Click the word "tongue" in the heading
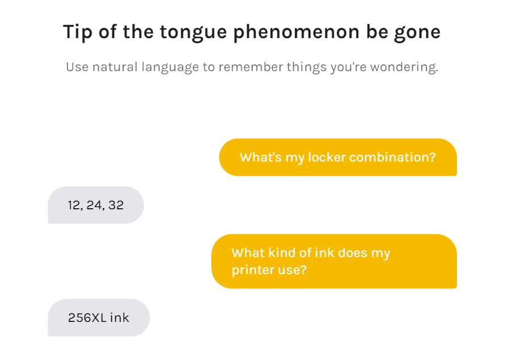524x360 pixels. coord(194,33)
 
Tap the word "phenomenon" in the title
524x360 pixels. coord(297,33)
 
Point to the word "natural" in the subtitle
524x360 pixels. coord(114,67)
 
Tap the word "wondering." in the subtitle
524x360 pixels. coord(404,68)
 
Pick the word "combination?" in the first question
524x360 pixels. coord(393,157)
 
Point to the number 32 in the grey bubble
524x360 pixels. coord(116,205)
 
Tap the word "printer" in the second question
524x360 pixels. coord(253,270)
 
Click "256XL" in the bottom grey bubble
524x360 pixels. coord(87,317)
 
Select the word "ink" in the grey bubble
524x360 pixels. coord(119,317)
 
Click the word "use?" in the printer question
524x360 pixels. coord(292,270)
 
